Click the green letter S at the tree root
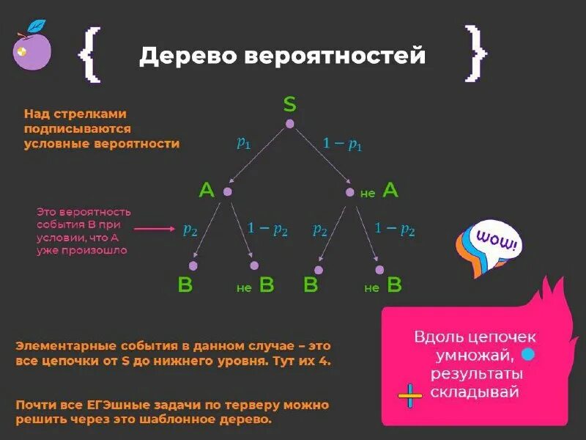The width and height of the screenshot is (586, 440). coord(290,104)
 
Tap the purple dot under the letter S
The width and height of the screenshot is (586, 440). coord(290,124)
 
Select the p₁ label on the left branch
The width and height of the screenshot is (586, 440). coord(243,143)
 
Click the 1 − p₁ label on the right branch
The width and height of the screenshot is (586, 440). coord(342,144)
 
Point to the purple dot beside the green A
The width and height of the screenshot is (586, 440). coord(227,191)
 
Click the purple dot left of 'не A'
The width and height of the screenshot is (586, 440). coord(350,192)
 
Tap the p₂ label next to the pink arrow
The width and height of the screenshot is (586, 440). coord(190,230)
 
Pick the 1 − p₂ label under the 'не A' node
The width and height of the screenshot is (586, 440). coord(395,229)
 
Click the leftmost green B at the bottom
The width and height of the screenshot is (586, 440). coord(185,285)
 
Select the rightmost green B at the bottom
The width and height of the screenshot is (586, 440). coord(394,285)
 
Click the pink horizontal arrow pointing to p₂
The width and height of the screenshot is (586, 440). coord(155,229)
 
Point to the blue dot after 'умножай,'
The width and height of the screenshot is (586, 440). coord(527,355)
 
